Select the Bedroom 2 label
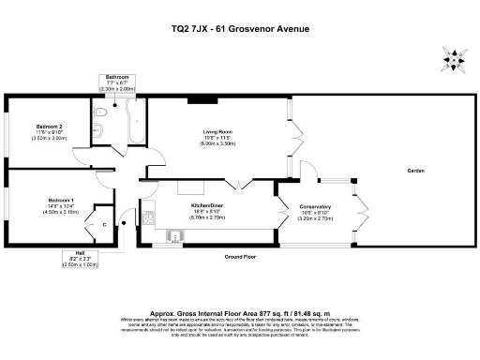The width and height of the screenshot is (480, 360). point(50,126)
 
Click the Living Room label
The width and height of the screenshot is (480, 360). point(217,131)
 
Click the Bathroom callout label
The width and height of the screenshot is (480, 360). point(117,77)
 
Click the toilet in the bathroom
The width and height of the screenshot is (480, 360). point(99,112)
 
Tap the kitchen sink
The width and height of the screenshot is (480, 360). point(172,234)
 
